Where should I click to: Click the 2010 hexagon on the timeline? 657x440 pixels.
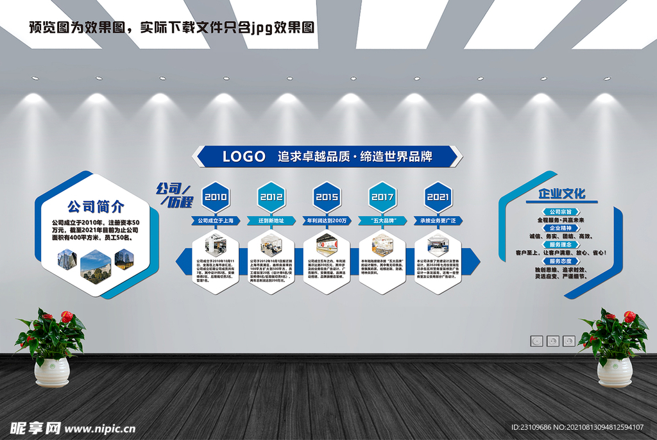[216, 197]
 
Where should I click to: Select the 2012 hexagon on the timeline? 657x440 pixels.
[271, 197]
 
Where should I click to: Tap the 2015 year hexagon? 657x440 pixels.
[327, 197]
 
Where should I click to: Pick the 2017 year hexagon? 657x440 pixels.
[382, 197]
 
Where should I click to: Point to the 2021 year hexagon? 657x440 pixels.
[438, 197]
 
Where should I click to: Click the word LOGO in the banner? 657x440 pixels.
[244, 156]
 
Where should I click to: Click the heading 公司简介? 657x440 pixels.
[96, 207]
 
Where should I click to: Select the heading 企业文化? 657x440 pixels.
[561, 194]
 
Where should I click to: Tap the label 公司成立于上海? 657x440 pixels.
[216, 221]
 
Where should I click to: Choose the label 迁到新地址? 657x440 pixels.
[271, 221]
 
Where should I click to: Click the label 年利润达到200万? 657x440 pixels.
[327, 221]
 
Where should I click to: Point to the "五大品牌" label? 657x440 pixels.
[382, 221]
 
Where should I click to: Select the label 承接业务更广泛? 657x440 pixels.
[438, 221]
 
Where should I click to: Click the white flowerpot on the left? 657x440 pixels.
[52, 372]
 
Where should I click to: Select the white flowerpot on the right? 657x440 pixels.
[614, 372]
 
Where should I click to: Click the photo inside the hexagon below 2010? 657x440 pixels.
[216, 245]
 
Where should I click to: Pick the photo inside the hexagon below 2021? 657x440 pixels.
[438, 245]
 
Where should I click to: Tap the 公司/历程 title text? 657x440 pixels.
[175, 195]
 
